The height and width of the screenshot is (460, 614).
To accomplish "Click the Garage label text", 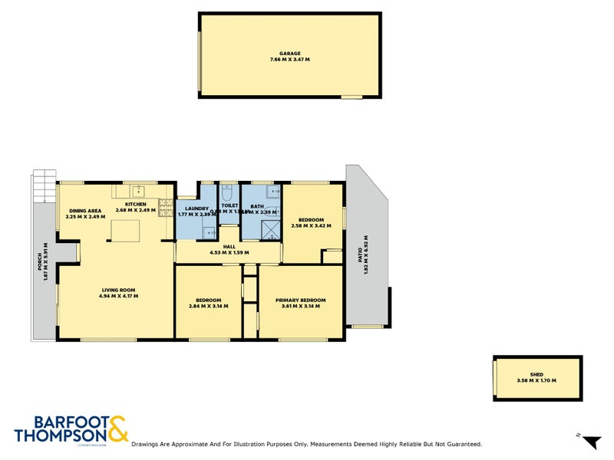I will point(289,53).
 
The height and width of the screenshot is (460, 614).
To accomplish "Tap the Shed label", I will point(536,375).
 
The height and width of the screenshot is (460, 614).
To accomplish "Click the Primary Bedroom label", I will point(301,300).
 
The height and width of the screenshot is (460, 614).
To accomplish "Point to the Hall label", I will point(229,247).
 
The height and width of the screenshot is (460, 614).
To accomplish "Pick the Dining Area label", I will point(84,210).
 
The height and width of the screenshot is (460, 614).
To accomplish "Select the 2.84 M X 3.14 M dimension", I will point(209,306).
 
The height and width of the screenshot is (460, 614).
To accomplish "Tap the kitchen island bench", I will point(126,231).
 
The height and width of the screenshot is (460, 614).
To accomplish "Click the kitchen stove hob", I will point(165,206).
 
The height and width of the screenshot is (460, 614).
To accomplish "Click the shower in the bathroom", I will point(271,229).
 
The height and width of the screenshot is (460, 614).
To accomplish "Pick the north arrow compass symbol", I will point(591,442).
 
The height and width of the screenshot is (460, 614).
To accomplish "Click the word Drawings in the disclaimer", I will point(147,444).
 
